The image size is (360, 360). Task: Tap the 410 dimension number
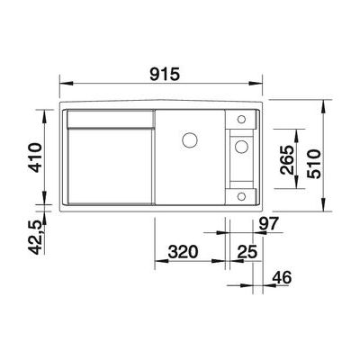(33, 159)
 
